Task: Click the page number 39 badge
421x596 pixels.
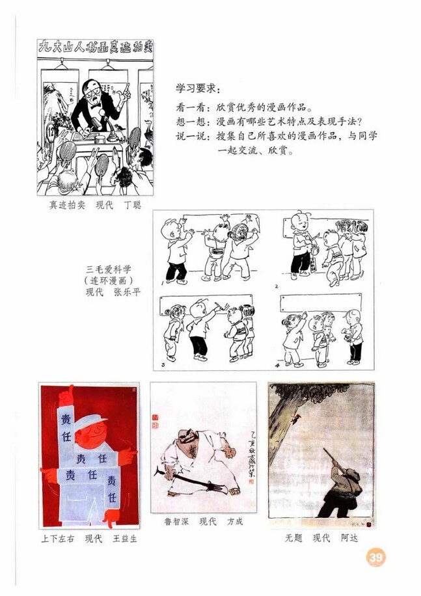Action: click(375, 558)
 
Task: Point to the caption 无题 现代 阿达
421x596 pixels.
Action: click(321, 538)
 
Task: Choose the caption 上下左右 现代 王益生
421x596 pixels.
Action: click(88, 539)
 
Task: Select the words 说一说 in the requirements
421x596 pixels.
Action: click(189, 137)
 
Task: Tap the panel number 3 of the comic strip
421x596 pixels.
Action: click(162, 362)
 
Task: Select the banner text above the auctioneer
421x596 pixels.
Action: click(95, 46)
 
